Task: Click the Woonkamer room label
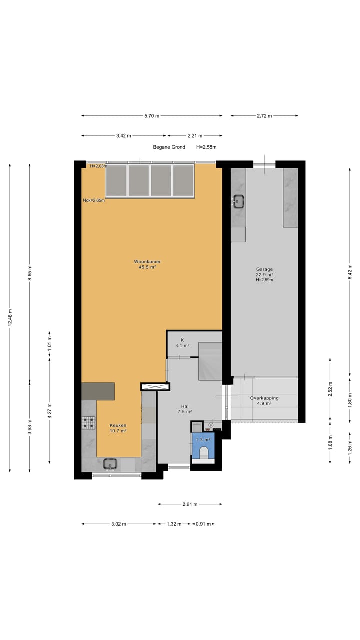point(147,264)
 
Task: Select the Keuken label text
point(118,428)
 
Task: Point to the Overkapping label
point(264,400)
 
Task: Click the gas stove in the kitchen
point(88,423)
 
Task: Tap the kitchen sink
point(110,464)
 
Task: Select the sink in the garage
point(238,201)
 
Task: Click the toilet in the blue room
point(203,452)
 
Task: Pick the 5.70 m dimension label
point(152,116)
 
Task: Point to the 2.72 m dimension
point(264,116)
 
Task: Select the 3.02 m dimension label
point(118,524)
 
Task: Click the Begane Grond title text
point(169,147)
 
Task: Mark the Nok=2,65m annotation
point(94,200)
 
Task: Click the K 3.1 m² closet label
point(182,342)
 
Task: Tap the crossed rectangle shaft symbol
point(155,386)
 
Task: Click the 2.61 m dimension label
point(189,504)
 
